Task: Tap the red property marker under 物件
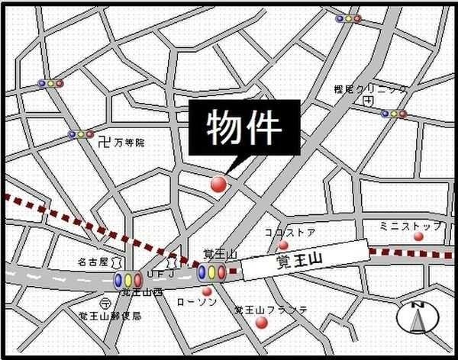pos(218,184)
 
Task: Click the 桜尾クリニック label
pos(369,89)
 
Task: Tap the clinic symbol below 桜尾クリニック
pos(369,100)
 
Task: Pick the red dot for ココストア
pos(283,245)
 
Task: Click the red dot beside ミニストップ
pos(418,236)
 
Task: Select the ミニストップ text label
pos(410,226)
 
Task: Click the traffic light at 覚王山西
pos(128,281)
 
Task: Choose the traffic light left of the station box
pos(211,272)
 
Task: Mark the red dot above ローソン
pos(206,291)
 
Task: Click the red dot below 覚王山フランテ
pos(262,323)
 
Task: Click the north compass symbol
pos(418,317)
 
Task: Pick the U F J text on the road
pos(161,272)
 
